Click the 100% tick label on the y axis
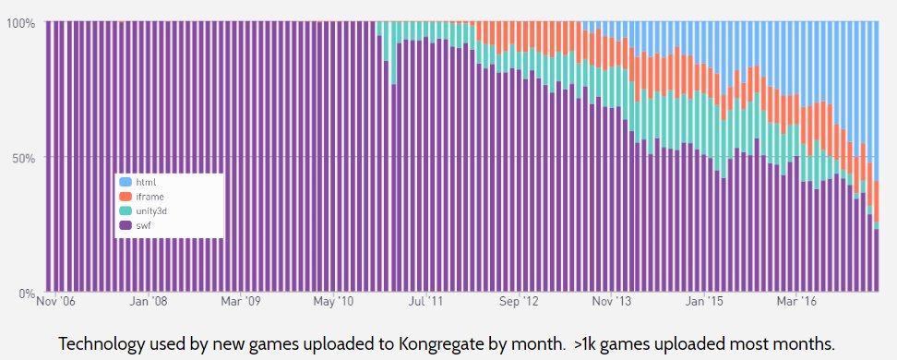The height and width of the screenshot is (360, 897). pos(18,23)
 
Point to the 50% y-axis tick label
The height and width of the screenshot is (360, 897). pos(21,158)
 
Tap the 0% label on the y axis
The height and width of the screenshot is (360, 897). pos(24,294)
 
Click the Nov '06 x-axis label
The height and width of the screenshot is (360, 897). pos(55,301)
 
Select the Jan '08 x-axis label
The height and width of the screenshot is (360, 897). pos(148,301)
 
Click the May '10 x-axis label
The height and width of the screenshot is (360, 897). pos(333,301)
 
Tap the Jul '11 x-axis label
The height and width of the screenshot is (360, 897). pos(425,301)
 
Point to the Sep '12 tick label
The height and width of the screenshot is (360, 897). pos(518,301)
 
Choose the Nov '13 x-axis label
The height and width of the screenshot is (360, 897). pos(611,301)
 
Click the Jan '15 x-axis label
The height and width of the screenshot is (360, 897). pos(704,301)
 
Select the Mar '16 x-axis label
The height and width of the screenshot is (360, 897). pos(797,301)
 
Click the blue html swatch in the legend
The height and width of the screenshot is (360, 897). pos(126,183)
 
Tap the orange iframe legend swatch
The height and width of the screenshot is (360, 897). pos(126,197)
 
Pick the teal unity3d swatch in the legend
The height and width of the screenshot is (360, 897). pos(126,210)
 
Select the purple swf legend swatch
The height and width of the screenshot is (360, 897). pos(126,224)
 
